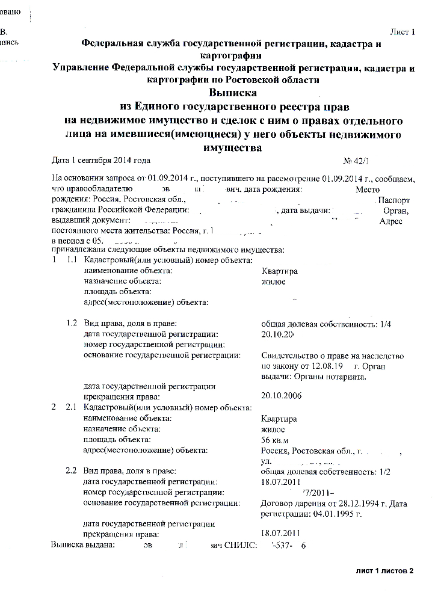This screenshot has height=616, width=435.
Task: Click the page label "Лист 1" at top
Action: coord(403,32)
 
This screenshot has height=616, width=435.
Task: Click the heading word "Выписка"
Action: coord(233,93)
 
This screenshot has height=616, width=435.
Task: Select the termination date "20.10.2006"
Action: coord(282,395)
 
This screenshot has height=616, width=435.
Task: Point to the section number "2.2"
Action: coord(72,472)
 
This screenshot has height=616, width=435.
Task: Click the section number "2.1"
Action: coord(71,408)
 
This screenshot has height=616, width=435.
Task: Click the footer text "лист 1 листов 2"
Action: coord(385,570)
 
